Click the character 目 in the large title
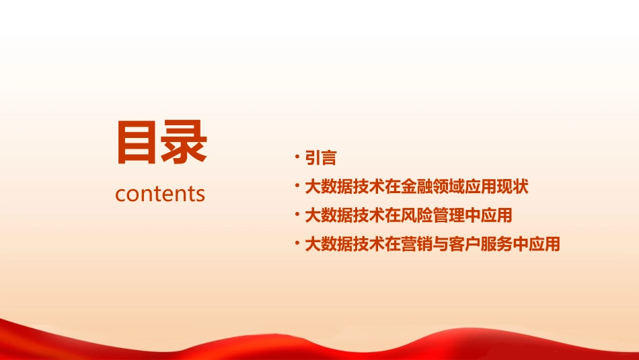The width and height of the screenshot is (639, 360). click(137, 143)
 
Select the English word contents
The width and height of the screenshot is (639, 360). click(160, 194)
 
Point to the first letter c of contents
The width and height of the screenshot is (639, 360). click(120, 194)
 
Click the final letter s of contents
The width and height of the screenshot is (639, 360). click(200, 194)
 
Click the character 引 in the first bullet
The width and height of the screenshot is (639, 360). click(313, 158)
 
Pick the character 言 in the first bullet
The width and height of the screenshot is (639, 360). click(328, 158)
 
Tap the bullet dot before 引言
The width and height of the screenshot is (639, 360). click(297, 157)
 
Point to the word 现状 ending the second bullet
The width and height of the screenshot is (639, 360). click(513, 186)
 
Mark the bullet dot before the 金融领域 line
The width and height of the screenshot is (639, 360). click(297, 186)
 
